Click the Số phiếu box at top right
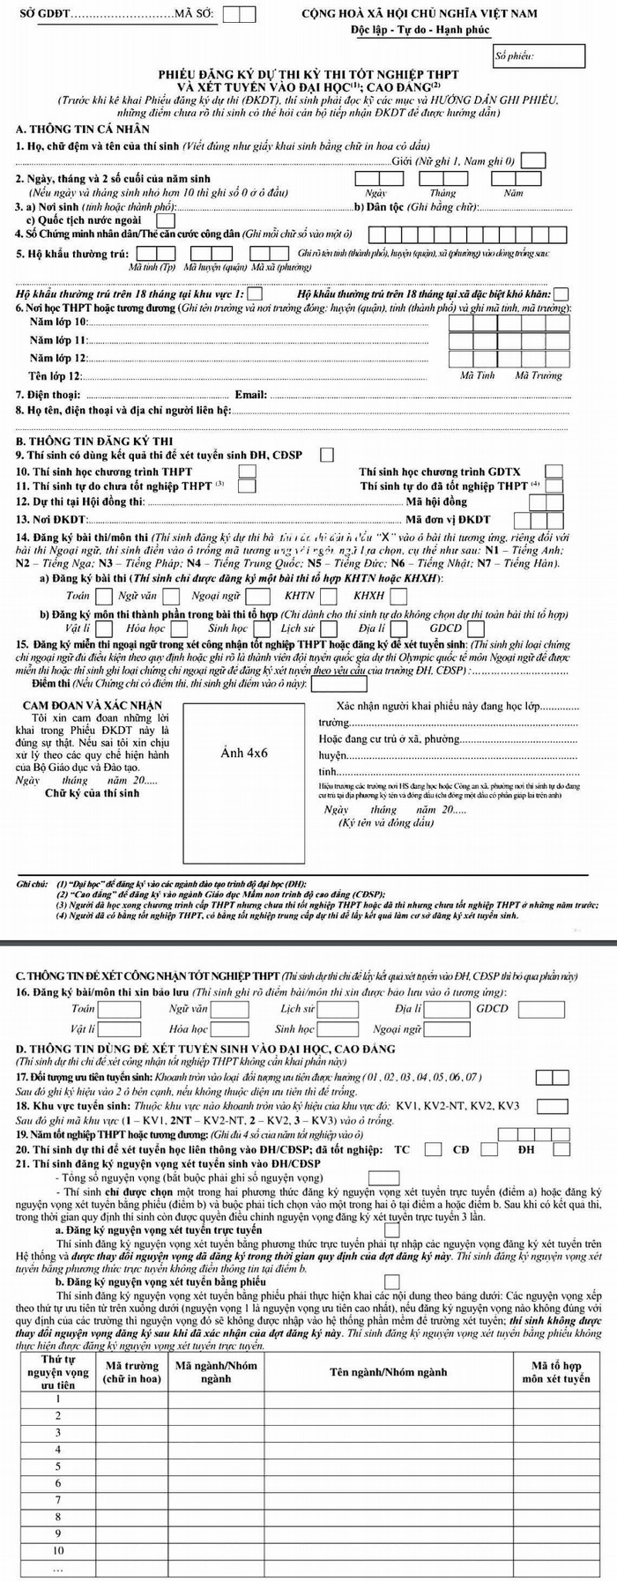click(539, 56)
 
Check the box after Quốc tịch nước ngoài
click(165, 220)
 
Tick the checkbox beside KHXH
click(397, 596)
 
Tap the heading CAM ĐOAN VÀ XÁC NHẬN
click(93, 705)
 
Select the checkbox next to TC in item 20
click(433, 1148)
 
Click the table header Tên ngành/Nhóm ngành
click(388, 1372)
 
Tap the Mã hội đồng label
click(436, 501)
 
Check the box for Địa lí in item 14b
click(394, 628)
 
